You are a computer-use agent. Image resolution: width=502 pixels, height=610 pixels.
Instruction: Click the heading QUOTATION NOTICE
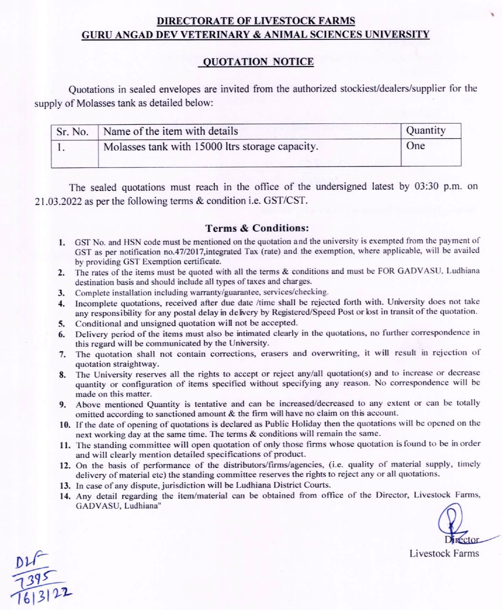coord(258,62)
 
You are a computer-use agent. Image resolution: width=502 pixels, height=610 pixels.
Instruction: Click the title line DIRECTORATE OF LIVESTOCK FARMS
coord(255,21)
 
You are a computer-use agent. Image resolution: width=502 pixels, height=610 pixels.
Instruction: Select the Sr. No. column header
coord(72,132)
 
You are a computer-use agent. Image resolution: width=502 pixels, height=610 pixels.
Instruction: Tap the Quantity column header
coord(426,130)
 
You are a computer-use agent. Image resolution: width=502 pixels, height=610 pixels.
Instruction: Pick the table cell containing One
coord(415,146)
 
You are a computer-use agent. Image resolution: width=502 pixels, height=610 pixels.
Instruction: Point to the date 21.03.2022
coord(59,201)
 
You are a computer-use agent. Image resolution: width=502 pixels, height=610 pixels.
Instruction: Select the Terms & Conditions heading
coord(257,229)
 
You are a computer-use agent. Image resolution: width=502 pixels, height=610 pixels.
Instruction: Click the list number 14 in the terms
coord(65,496)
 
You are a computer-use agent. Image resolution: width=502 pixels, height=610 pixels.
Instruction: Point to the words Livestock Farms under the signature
coord(444,553)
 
